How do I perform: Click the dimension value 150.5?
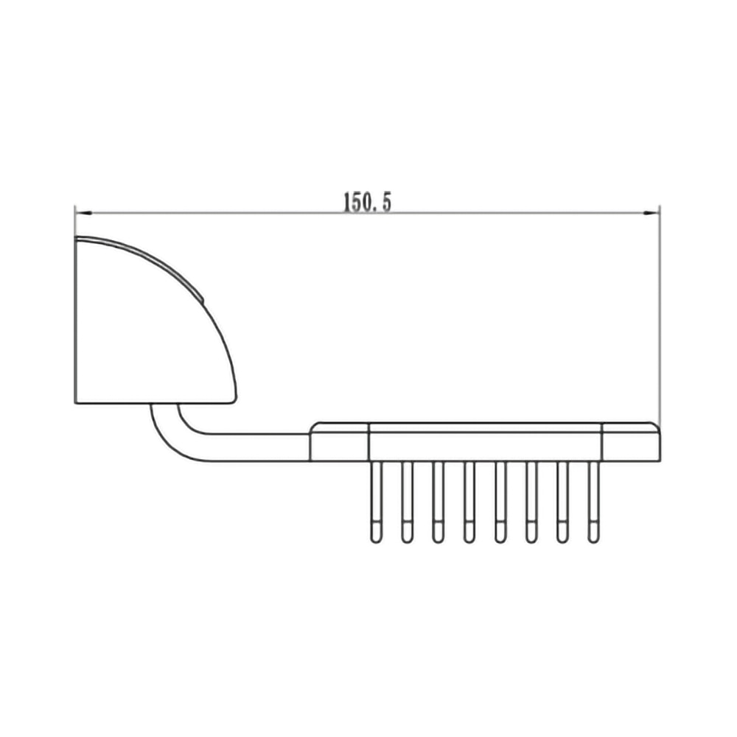366,203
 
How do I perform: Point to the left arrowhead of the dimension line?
82,214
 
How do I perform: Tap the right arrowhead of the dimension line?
652,214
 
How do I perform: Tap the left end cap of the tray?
339,443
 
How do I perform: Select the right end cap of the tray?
631,443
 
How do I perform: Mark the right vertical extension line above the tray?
660,317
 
